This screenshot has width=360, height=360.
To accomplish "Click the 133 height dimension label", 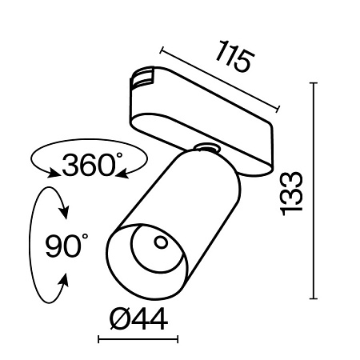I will (292, 193).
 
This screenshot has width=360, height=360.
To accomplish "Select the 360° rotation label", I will (90, 165).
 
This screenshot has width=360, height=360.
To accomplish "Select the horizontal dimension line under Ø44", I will (137, 340).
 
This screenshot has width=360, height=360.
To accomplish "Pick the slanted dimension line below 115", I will (220, 79).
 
